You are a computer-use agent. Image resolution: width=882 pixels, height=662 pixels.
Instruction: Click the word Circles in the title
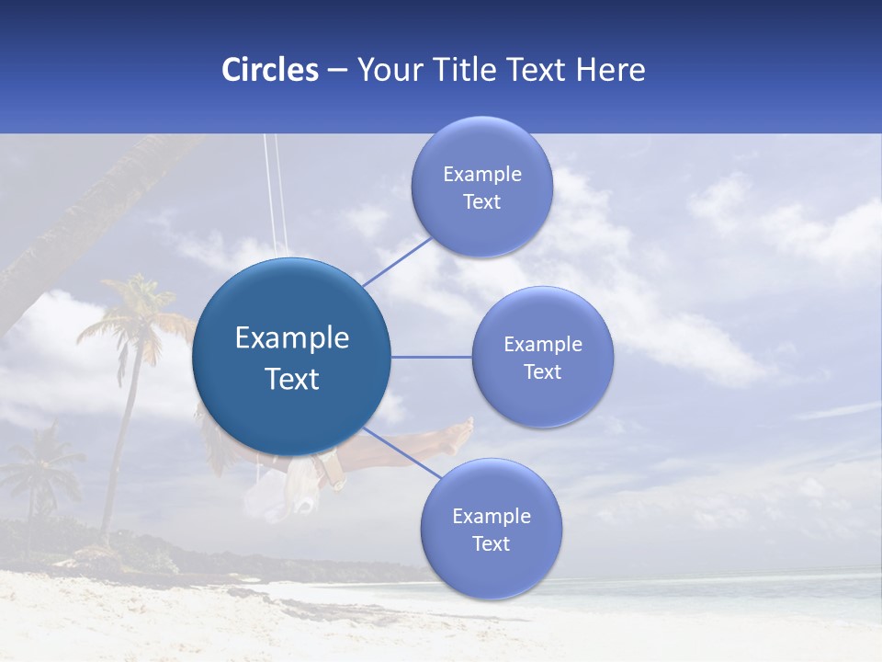coord(269,70)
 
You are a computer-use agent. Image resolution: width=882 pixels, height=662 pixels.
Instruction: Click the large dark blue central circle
coord(291,357)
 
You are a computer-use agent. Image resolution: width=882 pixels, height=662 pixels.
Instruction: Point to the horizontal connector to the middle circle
coord(431,357)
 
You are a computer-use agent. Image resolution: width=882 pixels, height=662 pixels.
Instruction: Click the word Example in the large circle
coord(291,338)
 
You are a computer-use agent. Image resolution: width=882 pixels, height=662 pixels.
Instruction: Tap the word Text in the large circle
coord(291,379)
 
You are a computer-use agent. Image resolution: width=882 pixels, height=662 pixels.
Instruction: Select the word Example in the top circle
coord(481,175)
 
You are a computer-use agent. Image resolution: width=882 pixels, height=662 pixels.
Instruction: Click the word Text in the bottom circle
coord(491,544)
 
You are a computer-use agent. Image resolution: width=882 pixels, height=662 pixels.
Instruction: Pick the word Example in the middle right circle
coord(542,345)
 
